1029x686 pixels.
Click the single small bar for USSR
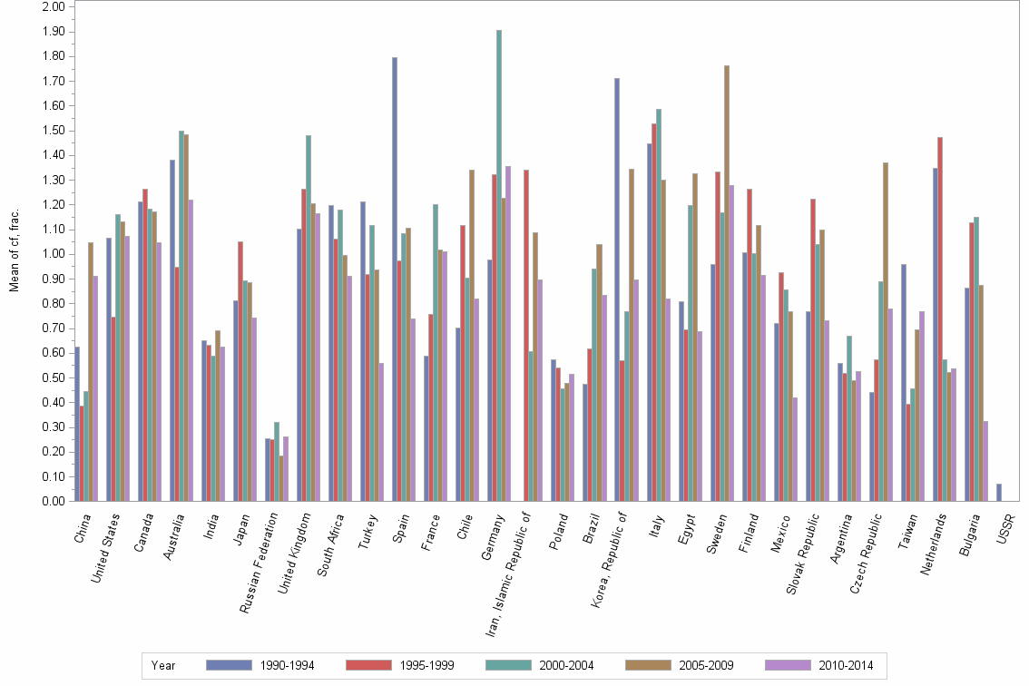click(999, 492)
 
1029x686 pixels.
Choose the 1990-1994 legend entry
click(260, 666)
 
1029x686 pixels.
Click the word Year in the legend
click(163, 666)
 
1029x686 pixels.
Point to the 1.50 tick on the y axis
click(54, 130)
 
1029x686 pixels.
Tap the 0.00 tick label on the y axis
click(54, 501)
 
